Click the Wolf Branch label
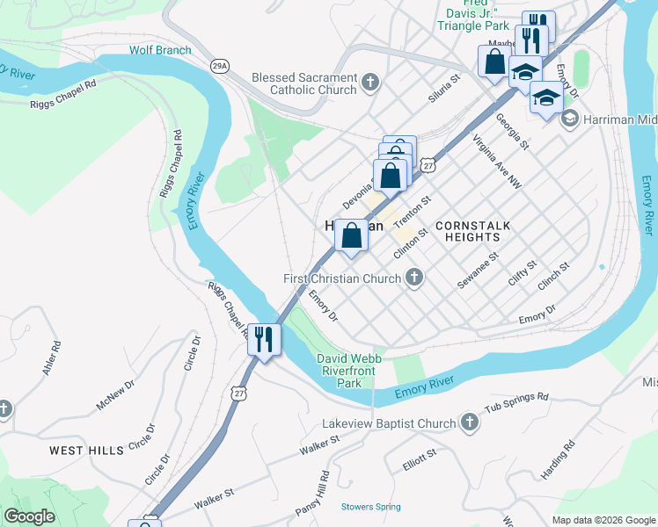tap(160, 50)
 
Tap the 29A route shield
tap(220, 65)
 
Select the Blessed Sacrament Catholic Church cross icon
tap(370, 83)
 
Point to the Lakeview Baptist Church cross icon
tap(469, 423)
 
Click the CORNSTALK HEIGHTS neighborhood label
tap(472, 232)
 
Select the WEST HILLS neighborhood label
tap(86, 451)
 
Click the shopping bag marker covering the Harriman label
tap(351, 236)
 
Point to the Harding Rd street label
tap(558, 459)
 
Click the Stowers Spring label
tap(370, 507)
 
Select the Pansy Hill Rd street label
tap(323, 495)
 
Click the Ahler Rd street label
tap(51, 359)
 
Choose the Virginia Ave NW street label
tap(497, 162)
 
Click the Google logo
tap(29, 516)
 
